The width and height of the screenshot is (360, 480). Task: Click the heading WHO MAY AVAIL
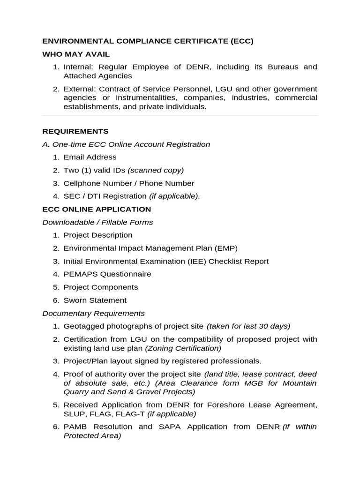(76, 54)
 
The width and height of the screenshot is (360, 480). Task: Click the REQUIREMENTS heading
(75, 131)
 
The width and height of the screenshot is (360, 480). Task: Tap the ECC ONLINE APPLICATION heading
(97, 209)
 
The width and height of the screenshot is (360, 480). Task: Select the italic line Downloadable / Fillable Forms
(97, 222)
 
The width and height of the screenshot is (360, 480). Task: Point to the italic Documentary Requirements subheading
(93, 313)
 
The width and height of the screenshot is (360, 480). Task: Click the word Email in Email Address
(73, 157)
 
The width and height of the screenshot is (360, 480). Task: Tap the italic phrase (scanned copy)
(156, 170)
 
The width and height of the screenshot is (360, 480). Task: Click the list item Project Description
(98, 235)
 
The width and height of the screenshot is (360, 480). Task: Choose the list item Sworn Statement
(95, 300)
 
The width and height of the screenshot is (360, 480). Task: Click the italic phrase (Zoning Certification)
(183, 348)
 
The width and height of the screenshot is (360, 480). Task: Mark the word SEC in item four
(71, 196)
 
